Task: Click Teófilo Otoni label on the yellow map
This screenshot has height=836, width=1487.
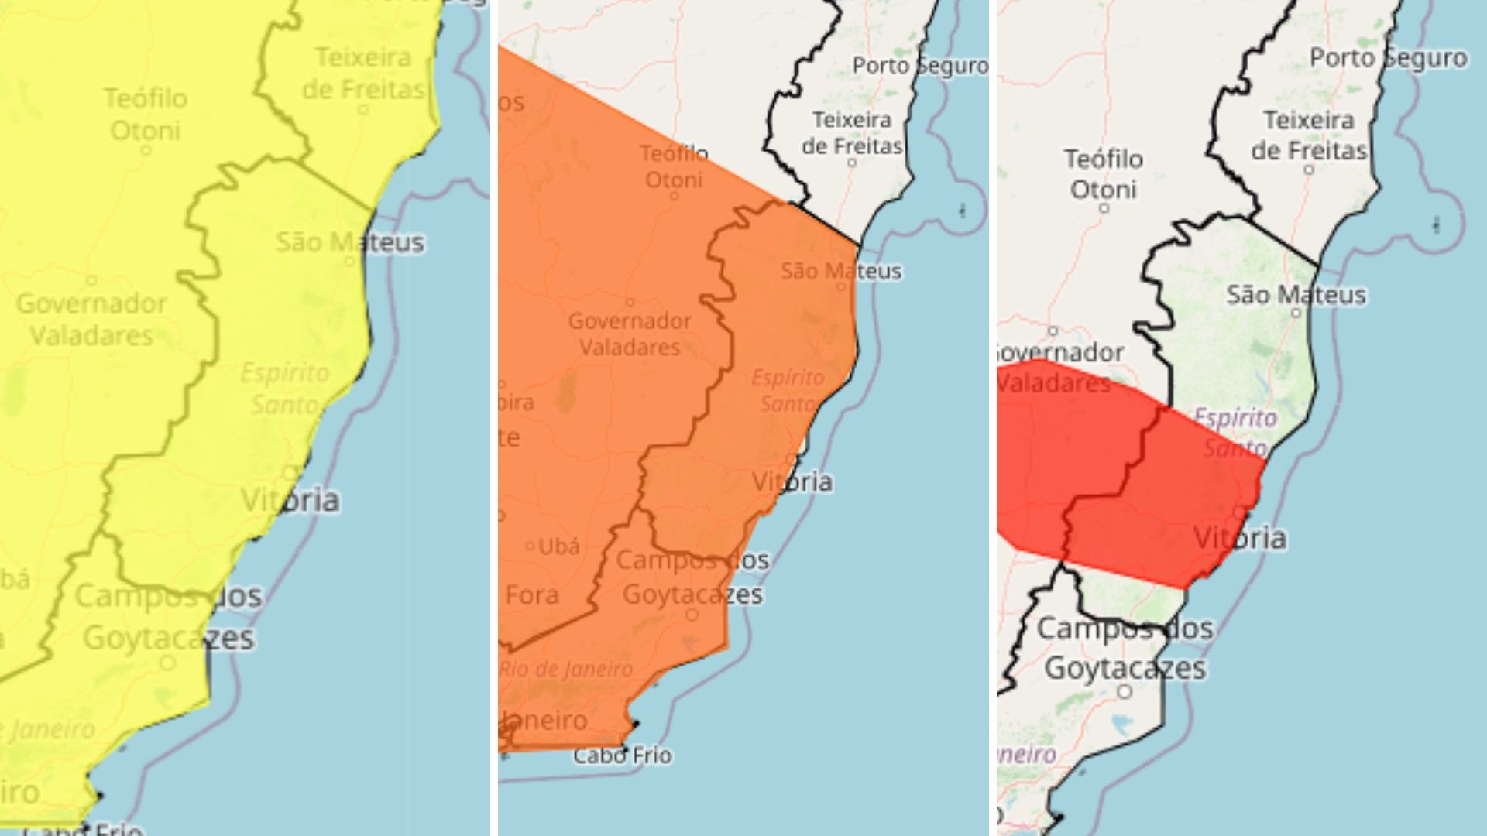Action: [146, 114]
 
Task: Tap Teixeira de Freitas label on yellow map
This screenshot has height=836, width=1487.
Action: [363, 73]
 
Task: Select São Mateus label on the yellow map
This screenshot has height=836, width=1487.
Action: [350, 242]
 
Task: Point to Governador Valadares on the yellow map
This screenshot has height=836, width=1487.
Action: [91, 319]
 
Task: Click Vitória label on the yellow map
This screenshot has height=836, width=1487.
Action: [290, 500]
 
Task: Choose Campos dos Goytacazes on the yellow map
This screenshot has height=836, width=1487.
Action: [168, 617]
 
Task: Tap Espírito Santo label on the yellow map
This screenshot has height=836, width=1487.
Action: [284, 389]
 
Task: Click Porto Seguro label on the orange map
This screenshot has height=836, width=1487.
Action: [920, 66]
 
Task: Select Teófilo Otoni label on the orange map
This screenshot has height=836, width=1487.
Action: [674, 166]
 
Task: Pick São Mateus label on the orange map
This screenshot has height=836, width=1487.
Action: [841, 271]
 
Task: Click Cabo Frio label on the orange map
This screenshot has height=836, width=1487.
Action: [622, 755]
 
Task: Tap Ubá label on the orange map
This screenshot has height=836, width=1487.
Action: [558, 546]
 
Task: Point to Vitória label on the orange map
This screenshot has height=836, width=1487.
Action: [792, 481]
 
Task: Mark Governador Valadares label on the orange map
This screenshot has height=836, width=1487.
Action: [630, 334]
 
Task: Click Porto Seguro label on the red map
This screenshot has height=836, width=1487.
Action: [1388, 58]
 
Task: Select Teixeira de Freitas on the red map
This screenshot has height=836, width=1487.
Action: [1309, 135]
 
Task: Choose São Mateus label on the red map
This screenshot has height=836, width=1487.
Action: [1296, 295]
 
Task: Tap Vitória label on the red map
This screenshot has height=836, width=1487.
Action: [1240, 538]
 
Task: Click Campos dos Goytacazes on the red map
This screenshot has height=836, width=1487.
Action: [1125, 647]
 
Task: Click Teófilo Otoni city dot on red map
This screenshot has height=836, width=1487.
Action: [1104, 208]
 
